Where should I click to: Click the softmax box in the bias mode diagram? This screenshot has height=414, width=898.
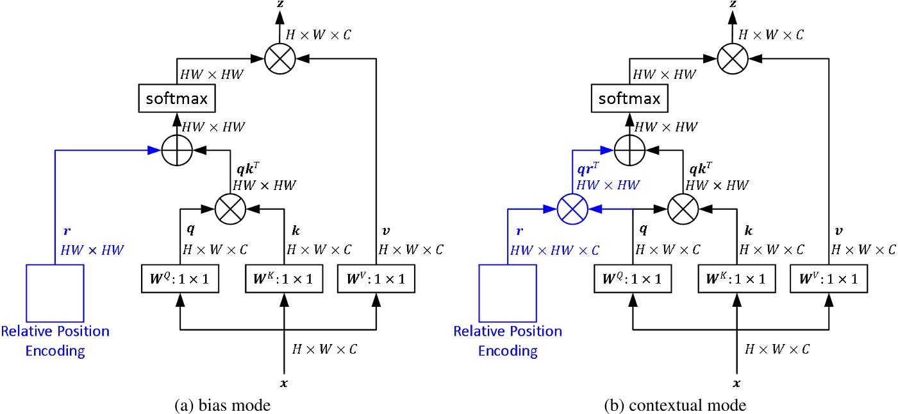pyautogui.click(x=176, y=99)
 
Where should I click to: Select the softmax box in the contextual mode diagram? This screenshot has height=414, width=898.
pyautogui.click(x=629, y=99)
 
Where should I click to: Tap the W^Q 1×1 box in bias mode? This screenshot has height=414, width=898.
pyautogui.click(x=180, y=279)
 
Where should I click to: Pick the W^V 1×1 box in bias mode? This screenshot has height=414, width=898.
pyautogui.click(x=376, y=279)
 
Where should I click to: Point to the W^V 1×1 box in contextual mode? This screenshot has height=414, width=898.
pyautogui.click(x=828, y=279)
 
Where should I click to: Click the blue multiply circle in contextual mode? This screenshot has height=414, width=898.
pyautogui.click(x=572, y=209)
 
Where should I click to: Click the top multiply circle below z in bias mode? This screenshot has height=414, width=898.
pyautogui.click(x=280, y=58)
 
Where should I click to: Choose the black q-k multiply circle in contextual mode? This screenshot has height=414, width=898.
pyautogui.click(x=683, y=209)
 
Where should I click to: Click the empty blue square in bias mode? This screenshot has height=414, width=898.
pyautogui.click(x=54, y=293)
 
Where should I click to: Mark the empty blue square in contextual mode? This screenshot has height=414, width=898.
pyautogui.click(x=507, y=293)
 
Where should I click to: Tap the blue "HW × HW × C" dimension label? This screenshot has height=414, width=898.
pyautogui.click(x=555, y=250)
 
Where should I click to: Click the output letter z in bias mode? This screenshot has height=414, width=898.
pyautogui.click(x=280, y=4)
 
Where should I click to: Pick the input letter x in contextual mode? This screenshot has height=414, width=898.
pyautogui.click(x=736, y=383)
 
